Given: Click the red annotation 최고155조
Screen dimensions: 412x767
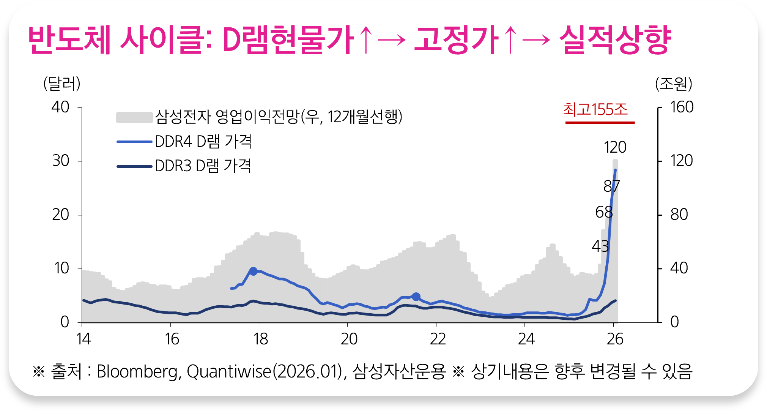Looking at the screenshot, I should tap(595, 109).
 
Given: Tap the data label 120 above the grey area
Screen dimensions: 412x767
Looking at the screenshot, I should tap(615, 147).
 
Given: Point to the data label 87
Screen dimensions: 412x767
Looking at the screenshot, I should tap(611, 186).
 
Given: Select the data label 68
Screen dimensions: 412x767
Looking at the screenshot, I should tap(604, 212).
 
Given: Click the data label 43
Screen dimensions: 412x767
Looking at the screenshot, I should tap(600, 246).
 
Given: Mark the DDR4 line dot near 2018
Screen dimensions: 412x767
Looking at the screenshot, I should tap(253, 271).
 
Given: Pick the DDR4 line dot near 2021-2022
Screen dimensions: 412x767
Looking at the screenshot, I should tap(416, 297).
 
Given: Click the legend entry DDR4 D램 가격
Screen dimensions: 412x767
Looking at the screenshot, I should tap(203, 142).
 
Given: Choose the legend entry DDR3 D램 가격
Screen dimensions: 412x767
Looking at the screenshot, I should tap(203, 166).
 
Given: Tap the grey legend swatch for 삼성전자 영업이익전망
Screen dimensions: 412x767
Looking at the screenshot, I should tap(134, 117).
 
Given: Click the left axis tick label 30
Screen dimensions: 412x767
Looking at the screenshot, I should tap(61, 161).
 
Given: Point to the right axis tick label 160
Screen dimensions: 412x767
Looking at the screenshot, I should tap(682, 107).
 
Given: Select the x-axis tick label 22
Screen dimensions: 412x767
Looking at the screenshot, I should tap(437, 339).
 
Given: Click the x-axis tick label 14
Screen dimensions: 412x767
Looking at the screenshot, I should tap(83, 339).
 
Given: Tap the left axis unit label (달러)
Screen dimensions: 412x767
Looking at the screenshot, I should tap(62, 84).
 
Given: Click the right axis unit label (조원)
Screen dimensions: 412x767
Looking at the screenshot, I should tap(674, 84).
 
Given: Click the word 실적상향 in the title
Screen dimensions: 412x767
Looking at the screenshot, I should tap(615, 39).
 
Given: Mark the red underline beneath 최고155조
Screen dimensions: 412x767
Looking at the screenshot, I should tap(600, 123).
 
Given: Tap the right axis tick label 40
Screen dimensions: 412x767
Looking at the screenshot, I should tap(679, 268).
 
